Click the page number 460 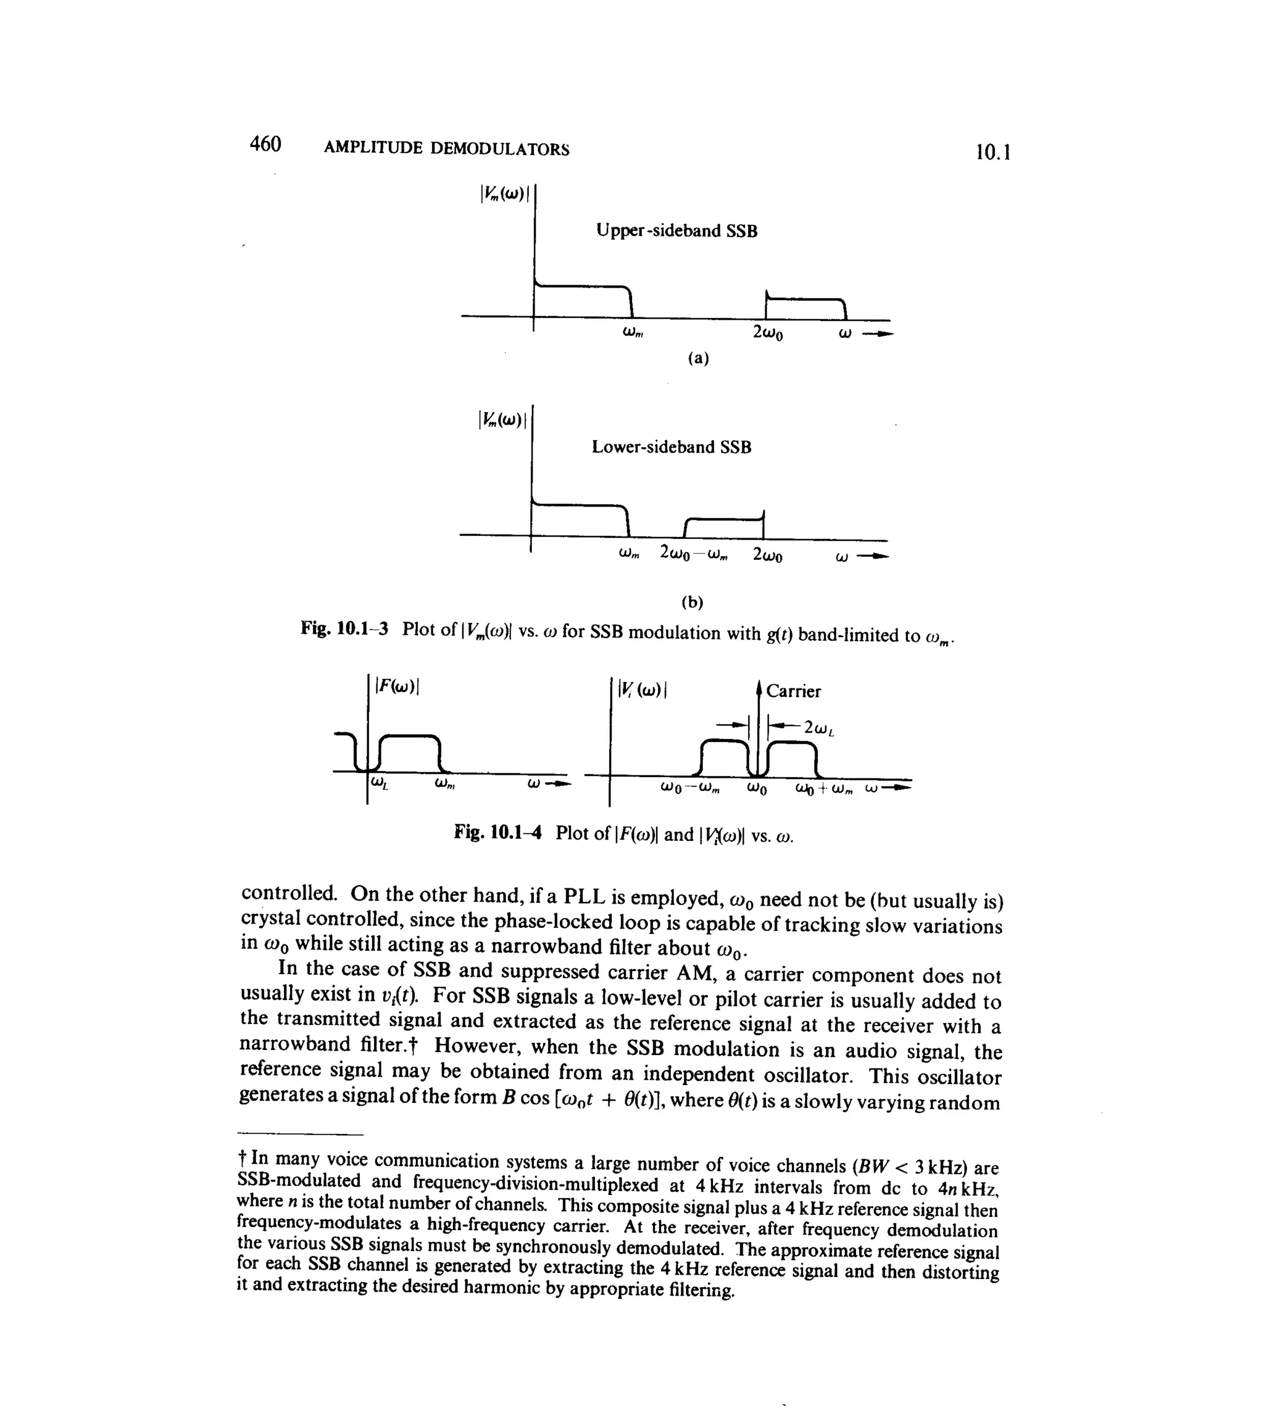click(x=265, y=144)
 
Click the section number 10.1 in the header click(x=992, y=152)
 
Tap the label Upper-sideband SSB click(x=676, y=231)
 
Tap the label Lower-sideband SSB click(x=671, y=447)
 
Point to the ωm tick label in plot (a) click(x=633, y=333)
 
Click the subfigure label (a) click(x=698, y=358)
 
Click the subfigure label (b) click(x=692, y=602)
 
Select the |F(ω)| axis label click(x=397, y=686)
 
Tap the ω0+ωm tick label click(x=826, y=789)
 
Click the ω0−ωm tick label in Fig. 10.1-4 click(x=690, y=789)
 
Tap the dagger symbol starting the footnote click(x=242, y=1159)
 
